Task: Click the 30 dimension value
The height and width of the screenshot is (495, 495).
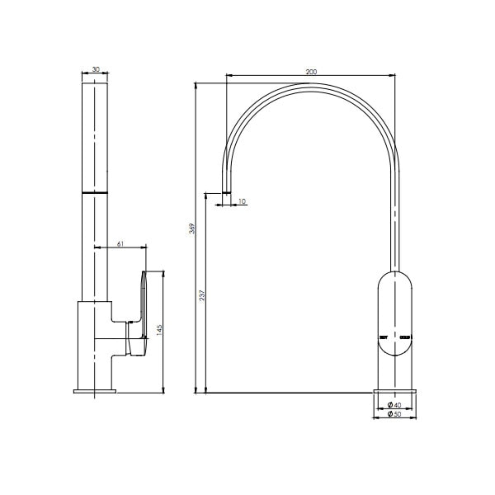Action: point(96,69)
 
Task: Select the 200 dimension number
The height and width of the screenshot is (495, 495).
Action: point(311,72)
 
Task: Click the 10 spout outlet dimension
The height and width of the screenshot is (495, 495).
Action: point(242,202)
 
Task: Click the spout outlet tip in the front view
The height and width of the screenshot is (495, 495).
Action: point(226,192)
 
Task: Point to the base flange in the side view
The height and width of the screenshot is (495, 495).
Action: point(95,398)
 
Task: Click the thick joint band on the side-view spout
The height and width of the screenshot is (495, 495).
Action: point(95,192)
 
